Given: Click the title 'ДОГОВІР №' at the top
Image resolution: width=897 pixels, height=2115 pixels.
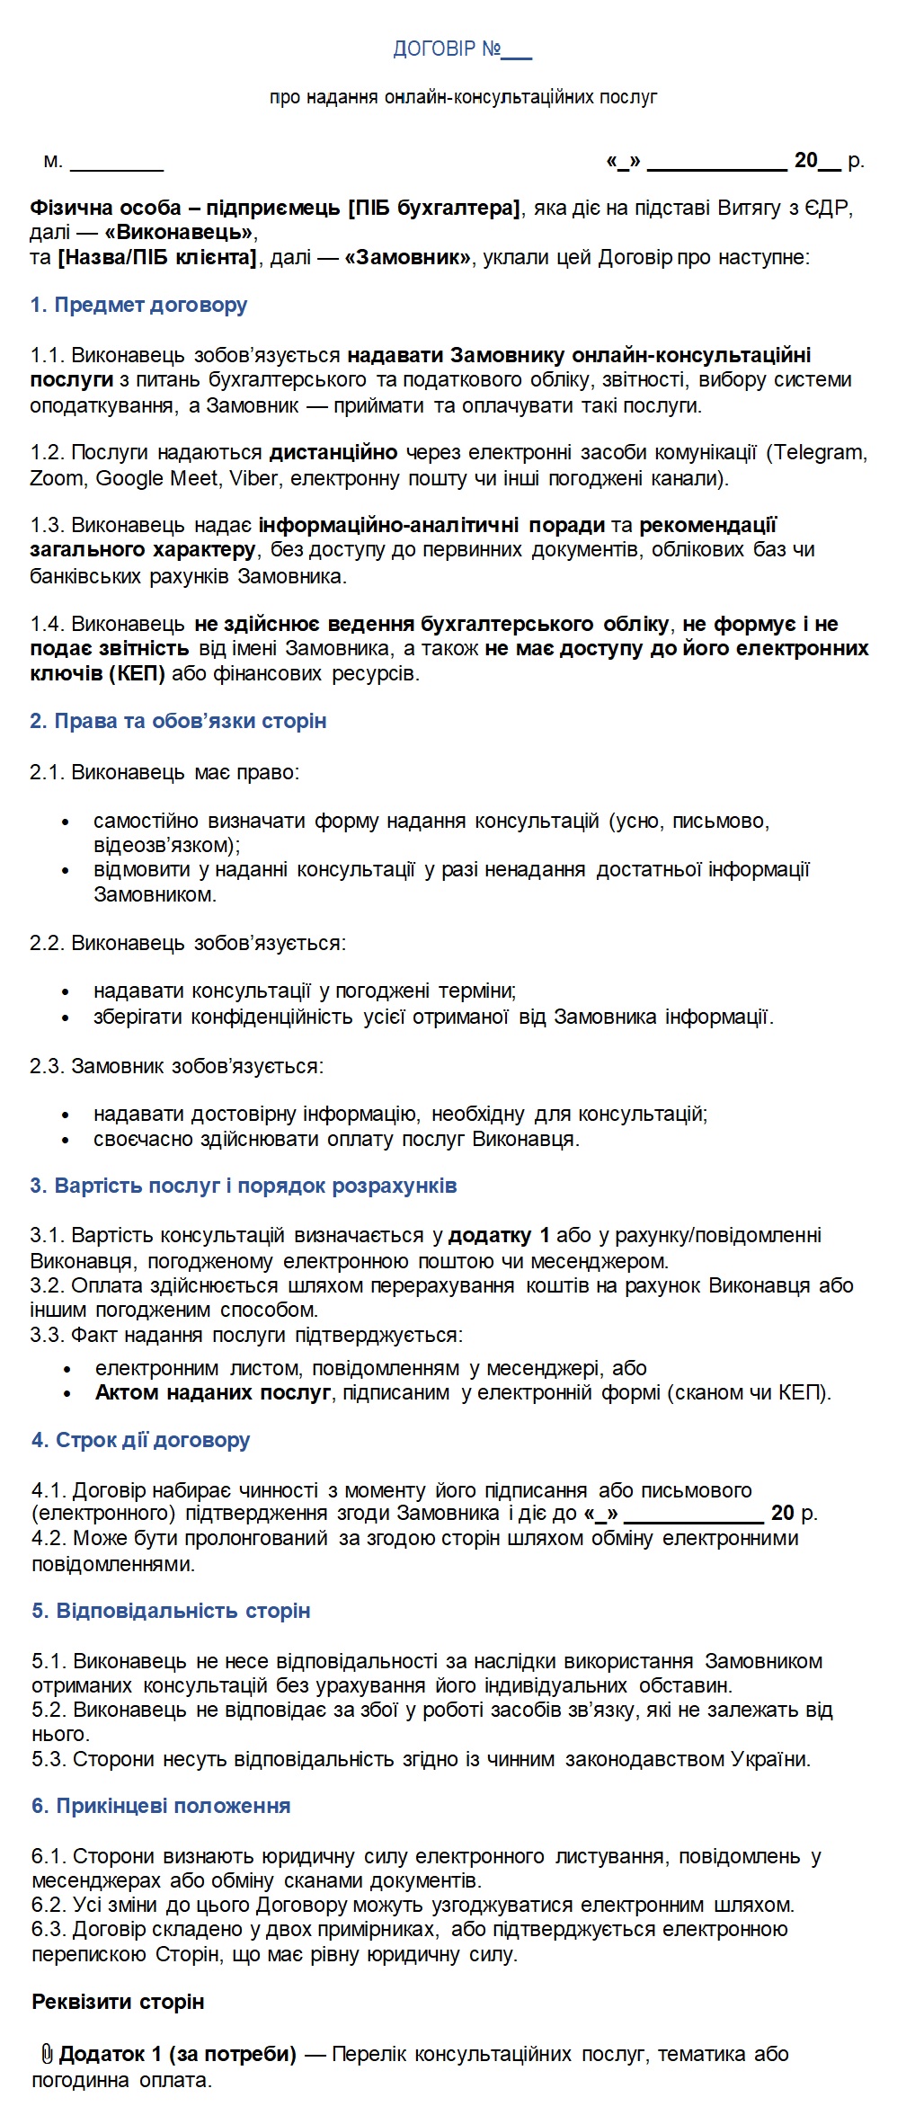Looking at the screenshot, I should pos(447,49).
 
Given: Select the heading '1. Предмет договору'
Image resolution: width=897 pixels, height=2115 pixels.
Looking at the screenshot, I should pos(138,305).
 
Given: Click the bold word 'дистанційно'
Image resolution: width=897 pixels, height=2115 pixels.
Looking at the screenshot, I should pos(333,452).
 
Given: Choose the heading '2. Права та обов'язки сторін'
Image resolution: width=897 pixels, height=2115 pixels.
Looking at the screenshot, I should pos(178,721).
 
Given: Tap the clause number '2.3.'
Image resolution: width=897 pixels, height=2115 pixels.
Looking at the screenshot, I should pos(47,1066).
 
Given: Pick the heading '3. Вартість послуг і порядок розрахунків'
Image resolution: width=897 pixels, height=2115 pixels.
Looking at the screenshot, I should pos(244,1186).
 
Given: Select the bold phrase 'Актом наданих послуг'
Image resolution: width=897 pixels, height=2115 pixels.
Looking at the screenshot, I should pos(213,1392).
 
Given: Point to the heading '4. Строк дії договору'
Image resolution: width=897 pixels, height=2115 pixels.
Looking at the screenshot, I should pos(141,1440).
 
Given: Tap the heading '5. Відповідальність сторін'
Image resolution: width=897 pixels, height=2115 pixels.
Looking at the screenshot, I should pos(171,1611).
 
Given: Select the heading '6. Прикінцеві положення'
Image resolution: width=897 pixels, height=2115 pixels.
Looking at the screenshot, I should pos(161,1806).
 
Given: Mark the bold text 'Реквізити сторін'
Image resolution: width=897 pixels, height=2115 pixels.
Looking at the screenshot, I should pos(118,2002).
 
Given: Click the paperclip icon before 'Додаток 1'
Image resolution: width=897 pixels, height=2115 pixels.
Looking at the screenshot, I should pos(47,2054).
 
